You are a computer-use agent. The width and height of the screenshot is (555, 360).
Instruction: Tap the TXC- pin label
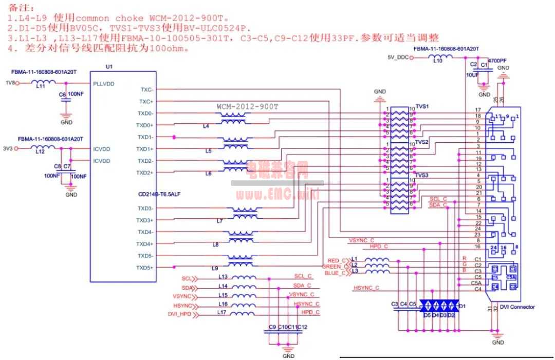coord(146,90)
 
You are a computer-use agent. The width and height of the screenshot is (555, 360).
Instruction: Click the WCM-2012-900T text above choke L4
coord(247,106)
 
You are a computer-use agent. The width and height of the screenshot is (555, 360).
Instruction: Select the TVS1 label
coord(422,107)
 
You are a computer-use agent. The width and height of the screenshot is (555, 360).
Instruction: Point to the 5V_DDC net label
coord(398,58)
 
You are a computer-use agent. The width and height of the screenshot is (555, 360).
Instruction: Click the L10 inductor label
coord(437,61)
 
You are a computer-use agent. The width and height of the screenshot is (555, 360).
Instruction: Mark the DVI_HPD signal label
coord(179,314)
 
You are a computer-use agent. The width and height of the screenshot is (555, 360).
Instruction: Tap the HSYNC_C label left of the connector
coord(366,288)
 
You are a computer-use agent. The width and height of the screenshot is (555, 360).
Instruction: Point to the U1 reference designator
coord(108,67)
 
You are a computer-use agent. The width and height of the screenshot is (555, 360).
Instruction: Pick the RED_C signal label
coord(338,260)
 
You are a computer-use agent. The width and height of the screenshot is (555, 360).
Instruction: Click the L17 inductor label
coord(222,312)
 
